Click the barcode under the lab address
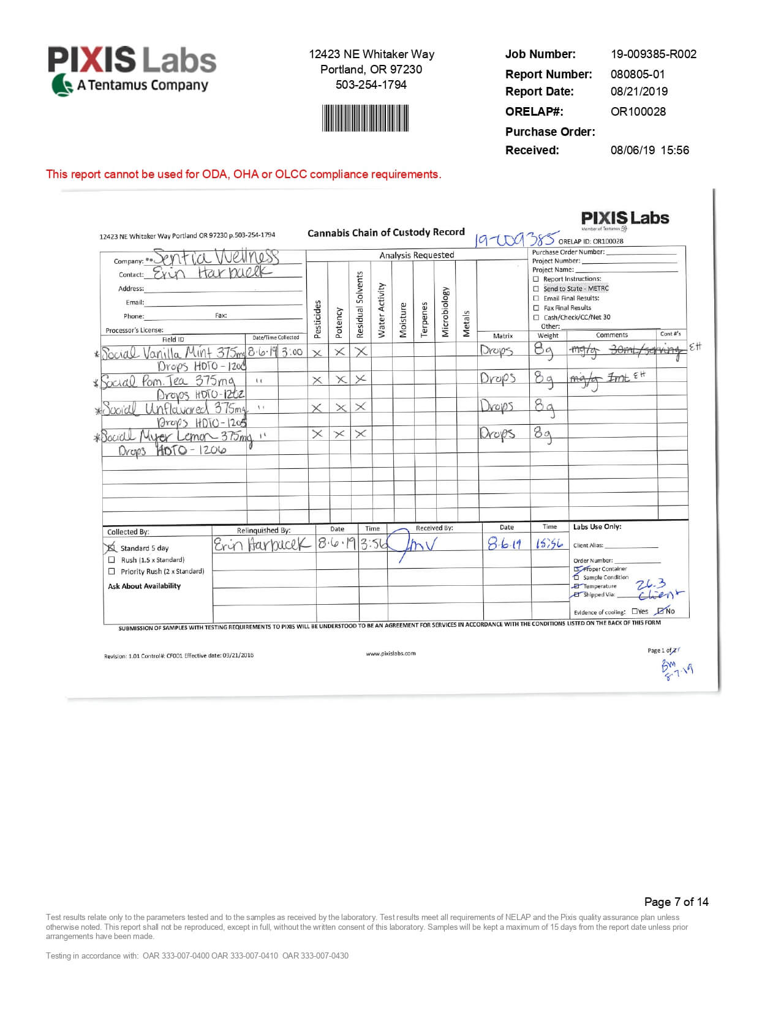[365, 118]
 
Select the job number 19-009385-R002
[653, 54]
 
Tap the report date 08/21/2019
[639, 92]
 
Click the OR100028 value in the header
[638, 111]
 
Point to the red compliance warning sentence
[243, 174]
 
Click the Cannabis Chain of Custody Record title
[386, 233]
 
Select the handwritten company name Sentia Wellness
[216, 256]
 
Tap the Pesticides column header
[317, 319]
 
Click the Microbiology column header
[445, 312]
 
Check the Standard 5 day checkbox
[111, 548]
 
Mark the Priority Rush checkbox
[111, 571]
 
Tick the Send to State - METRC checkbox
[536, 289]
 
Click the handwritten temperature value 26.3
[651, 584]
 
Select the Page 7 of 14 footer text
[676, 902]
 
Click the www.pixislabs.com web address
[391, 653]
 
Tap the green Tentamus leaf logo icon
[61, 85]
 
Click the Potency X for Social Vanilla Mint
[339, 352]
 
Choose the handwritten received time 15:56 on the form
[549, 544]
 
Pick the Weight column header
[548, 335]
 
